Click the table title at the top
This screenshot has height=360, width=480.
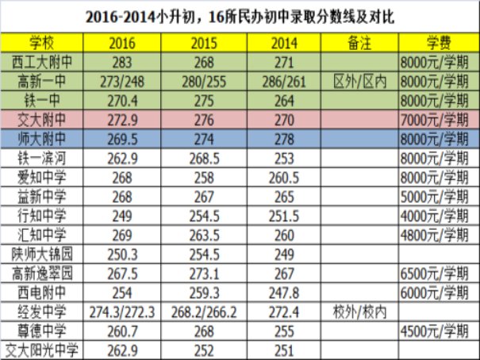240,17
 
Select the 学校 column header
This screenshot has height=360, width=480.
41,43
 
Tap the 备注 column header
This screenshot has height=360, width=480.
359,43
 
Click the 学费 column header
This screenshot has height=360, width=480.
439,43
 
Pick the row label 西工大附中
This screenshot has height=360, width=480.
41,63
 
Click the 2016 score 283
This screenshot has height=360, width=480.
122,63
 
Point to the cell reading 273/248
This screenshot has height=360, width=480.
122,82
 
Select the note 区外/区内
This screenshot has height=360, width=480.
359,82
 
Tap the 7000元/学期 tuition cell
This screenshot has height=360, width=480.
435,121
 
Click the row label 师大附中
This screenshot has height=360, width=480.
41,140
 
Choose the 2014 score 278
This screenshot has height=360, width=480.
284,140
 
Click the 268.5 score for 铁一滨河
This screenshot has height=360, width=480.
204,159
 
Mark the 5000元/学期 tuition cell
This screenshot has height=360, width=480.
435,197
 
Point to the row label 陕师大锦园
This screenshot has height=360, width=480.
42,255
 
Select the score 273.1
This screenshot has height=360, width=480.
204,274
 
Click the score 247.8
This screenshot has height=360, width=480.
284,293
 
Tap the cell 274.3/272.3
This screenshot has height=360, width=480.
122,312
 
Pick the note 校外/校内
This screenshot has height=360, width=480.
359,312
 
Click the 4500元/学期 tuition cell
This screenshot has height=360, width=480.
435,331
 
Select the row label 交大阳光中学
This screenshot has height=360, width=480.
41,350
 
